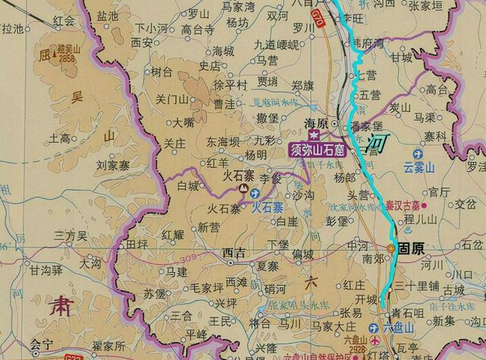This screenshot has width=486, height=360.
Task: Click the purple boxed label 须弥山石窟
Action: click(x=317, y=150)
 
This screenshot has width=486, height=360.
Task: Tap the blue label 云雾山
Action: click(x=419, y=167)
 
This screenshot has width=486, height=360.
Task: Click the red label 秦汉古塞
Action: click(x=402, y=205)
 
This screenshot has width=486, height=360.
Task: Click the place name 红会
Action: click(x=65, y=21)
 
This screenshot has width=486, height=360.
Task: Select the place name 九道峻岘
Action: click(x=276, y=45)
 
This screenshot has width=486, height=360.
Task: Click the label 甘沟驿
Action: click(x=44, y=270)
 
